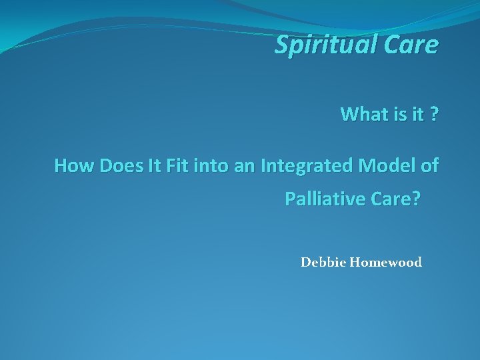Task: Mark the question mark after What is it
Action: pyautogui.click(x=434, y=114)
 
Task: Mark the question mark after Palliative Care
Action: pyautogui.click(x=417, y=199)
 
